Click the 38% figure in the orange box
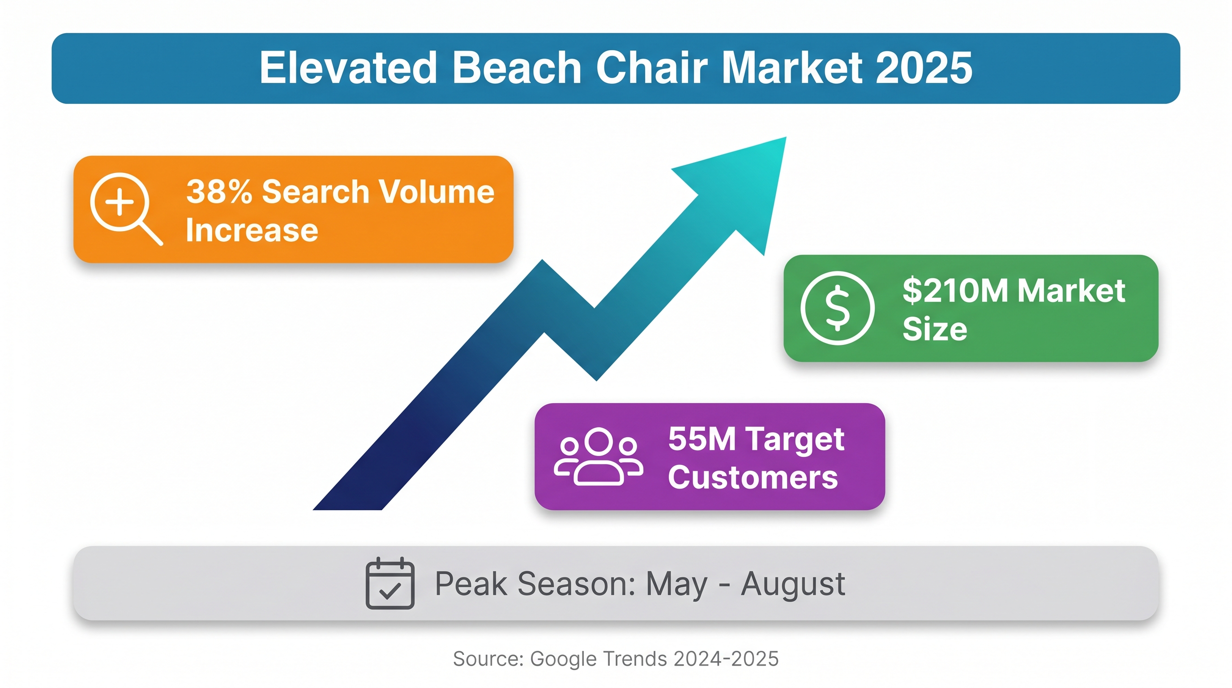tap(219, 191)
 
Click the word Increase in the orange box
tap(252, 230)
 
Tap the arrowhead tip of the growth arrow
tap(786, 138)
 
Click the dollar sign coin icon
tap(838, 308)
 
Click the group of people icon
tap(598, 456)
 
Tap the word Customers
tap(753, 477)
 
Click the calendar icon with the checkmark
tap(390, 583)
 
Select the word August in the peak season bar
tap(793, 584)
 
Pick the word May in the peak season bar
tap(676, 585)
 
